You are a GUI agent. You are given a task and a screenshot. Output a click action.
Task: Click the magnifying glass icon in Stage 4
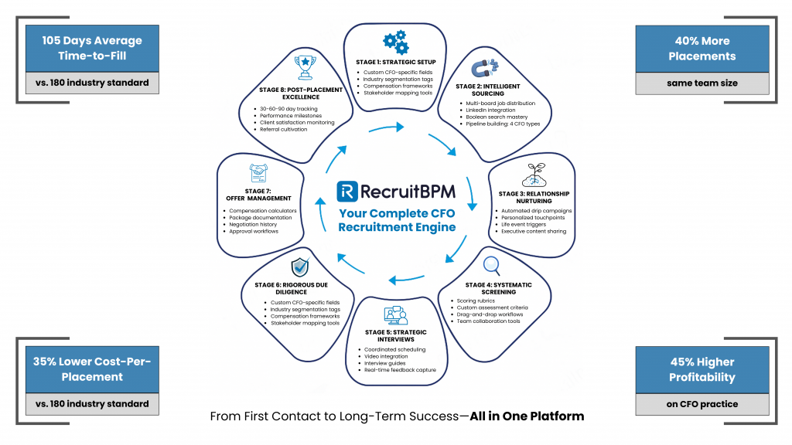491,266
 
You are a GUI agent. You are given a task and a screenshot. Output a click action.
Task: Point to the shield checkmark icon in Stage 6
302,267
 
